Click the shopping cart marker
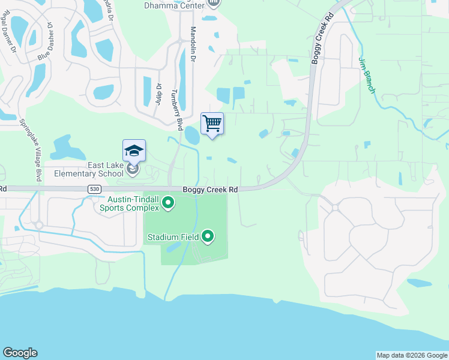(x=212, y=124)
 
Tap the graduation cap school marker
(x=134, y=151)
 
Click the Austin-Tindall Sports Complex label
(x=133, y=203)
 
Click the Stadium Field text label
(x=173, y=237)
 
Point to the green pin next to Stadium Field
(x=208, y=236)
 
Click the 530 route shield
(x=93, y=189)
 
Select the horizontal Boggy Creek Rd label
(x=211, y=189)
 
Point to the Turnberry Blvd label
(x=176, y=110)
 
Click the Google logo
(x=20, y=353)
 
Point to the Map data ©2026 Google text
(x=412, y=355)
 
